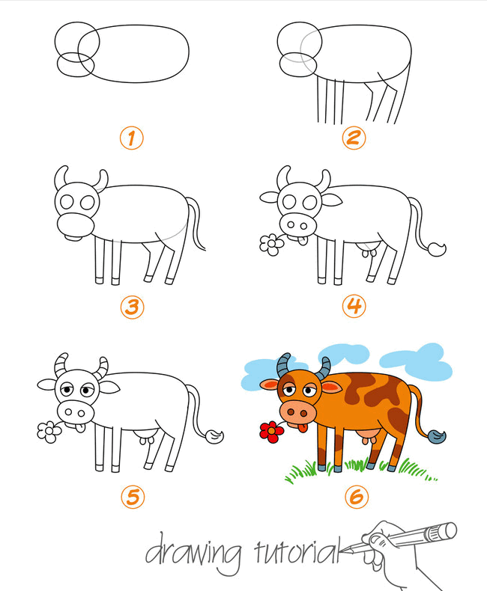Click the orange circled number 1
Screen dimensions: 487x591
[x=131, y=138]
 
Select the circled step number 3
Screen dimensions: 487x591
[x=132, y=307]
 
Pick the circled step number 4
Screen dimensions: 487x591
[x=354, y=306]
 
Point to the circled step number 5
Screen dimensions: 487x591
[x=133, y=497]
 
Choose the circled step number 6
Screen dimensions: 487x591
[x=357, y=497]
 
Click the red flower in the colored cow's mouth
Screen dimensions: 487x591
[x=271, y=432]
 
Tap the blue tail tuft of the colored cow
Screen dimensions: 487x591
[x=437, y=436]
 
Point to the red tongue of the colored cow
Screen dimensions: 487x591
[x=302, y=428]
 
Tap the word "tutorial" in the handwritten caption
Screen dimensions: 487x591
[x=297, y=551]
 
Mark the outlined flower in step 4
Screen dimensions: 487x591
[x=271, y=244]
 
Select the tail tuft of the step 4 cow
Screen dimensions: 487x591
[x=437, y=249]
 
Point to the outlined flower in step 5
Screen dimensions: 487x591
[x=49, y=432]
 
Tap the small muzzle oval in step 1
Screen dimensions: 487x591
[x=76, y=65]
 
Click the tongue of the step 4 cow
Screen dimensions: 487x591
[x=302, y=240]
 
